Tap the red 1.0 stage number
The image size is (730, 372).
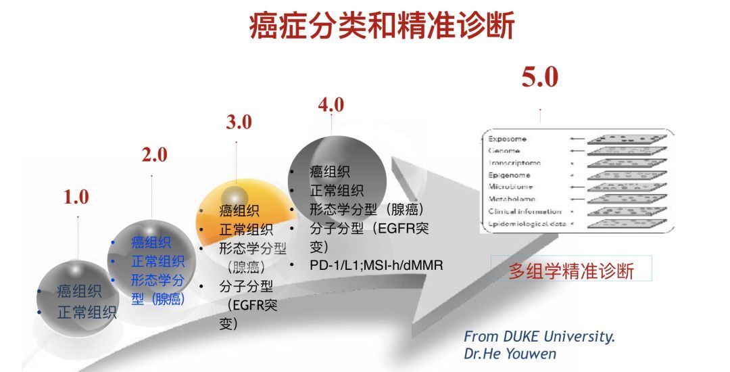pyautogui.click(x=76, y=197)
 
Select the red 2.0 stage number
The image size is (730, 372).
pyautogui.click(x=154, y=155)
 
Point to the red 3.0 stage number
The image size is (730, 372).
pyautogui.click(x=239, y=122)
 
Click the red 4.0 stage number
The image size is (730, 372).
pyautogui.click(x=331, y=105)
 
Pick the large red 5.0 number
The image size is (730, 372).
pyautogui.click(x=539, y=77)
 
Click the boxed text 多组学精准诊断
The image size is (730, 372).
pyautogui.click(x=571, y=271)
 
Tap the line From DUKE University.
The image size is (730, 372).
pyautogui.click(x=539, y=337)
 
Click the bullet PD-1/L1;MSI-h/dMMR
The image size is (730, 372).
pyautogui.click(x=376, y=264)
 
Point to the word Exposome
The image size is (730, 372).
pyautogui.click(x=508, y=139)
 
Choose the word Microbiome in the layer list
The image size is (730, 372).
pyautogui.click(x=510, y=187)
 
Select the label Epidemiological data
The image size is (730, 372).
pyautogui.click(x=527, y=223)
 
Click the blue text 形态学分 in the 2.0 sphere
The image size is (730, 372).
pyautogui.click(x=157, y=279)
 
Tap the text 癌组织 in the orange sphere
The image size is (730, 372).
pyautogui.click(x=239, y=211)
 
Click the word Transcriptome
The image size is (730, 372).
pyautogui.click(x=515, y=162)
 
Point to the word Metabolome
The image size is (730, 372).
pyautogui.click(x=512, y=199)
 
